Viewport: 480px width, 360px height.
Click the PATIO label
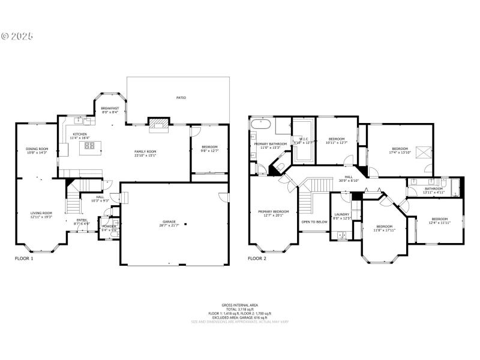(x=181, y=97)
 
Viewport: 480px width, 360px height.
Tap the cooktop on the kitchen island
(x=89, y=145)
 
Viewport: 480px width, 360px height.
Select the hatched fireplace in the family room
(x=159, y=124)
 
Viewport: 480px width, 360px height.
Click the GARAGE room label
(x=168, y=222)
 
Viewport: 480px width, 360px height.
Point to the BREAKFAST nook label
(x=110, y=109)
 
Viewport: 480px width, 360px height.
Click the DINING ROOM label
(x=37, y=149)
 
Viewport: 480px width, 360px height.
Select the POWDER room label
(x=109, y=226)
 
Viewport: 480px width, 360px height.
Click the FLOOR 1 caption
(x=24, y=259)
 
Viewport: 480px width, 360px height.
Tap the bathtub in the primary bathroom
(x=262, y=126)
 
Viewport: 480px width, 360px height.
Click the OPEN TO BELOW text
(x=314, y=222)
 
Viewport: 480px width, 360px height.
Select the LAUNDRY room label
(x=342, y=214)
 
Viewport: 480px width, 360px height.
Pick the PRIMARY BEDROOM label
(x=273, y=211)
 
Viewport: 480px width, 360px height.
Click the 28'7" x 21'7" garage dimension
(x=168, y=226)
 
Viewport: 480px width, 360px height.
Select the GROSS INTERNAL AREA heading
(x=239, y=305)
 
